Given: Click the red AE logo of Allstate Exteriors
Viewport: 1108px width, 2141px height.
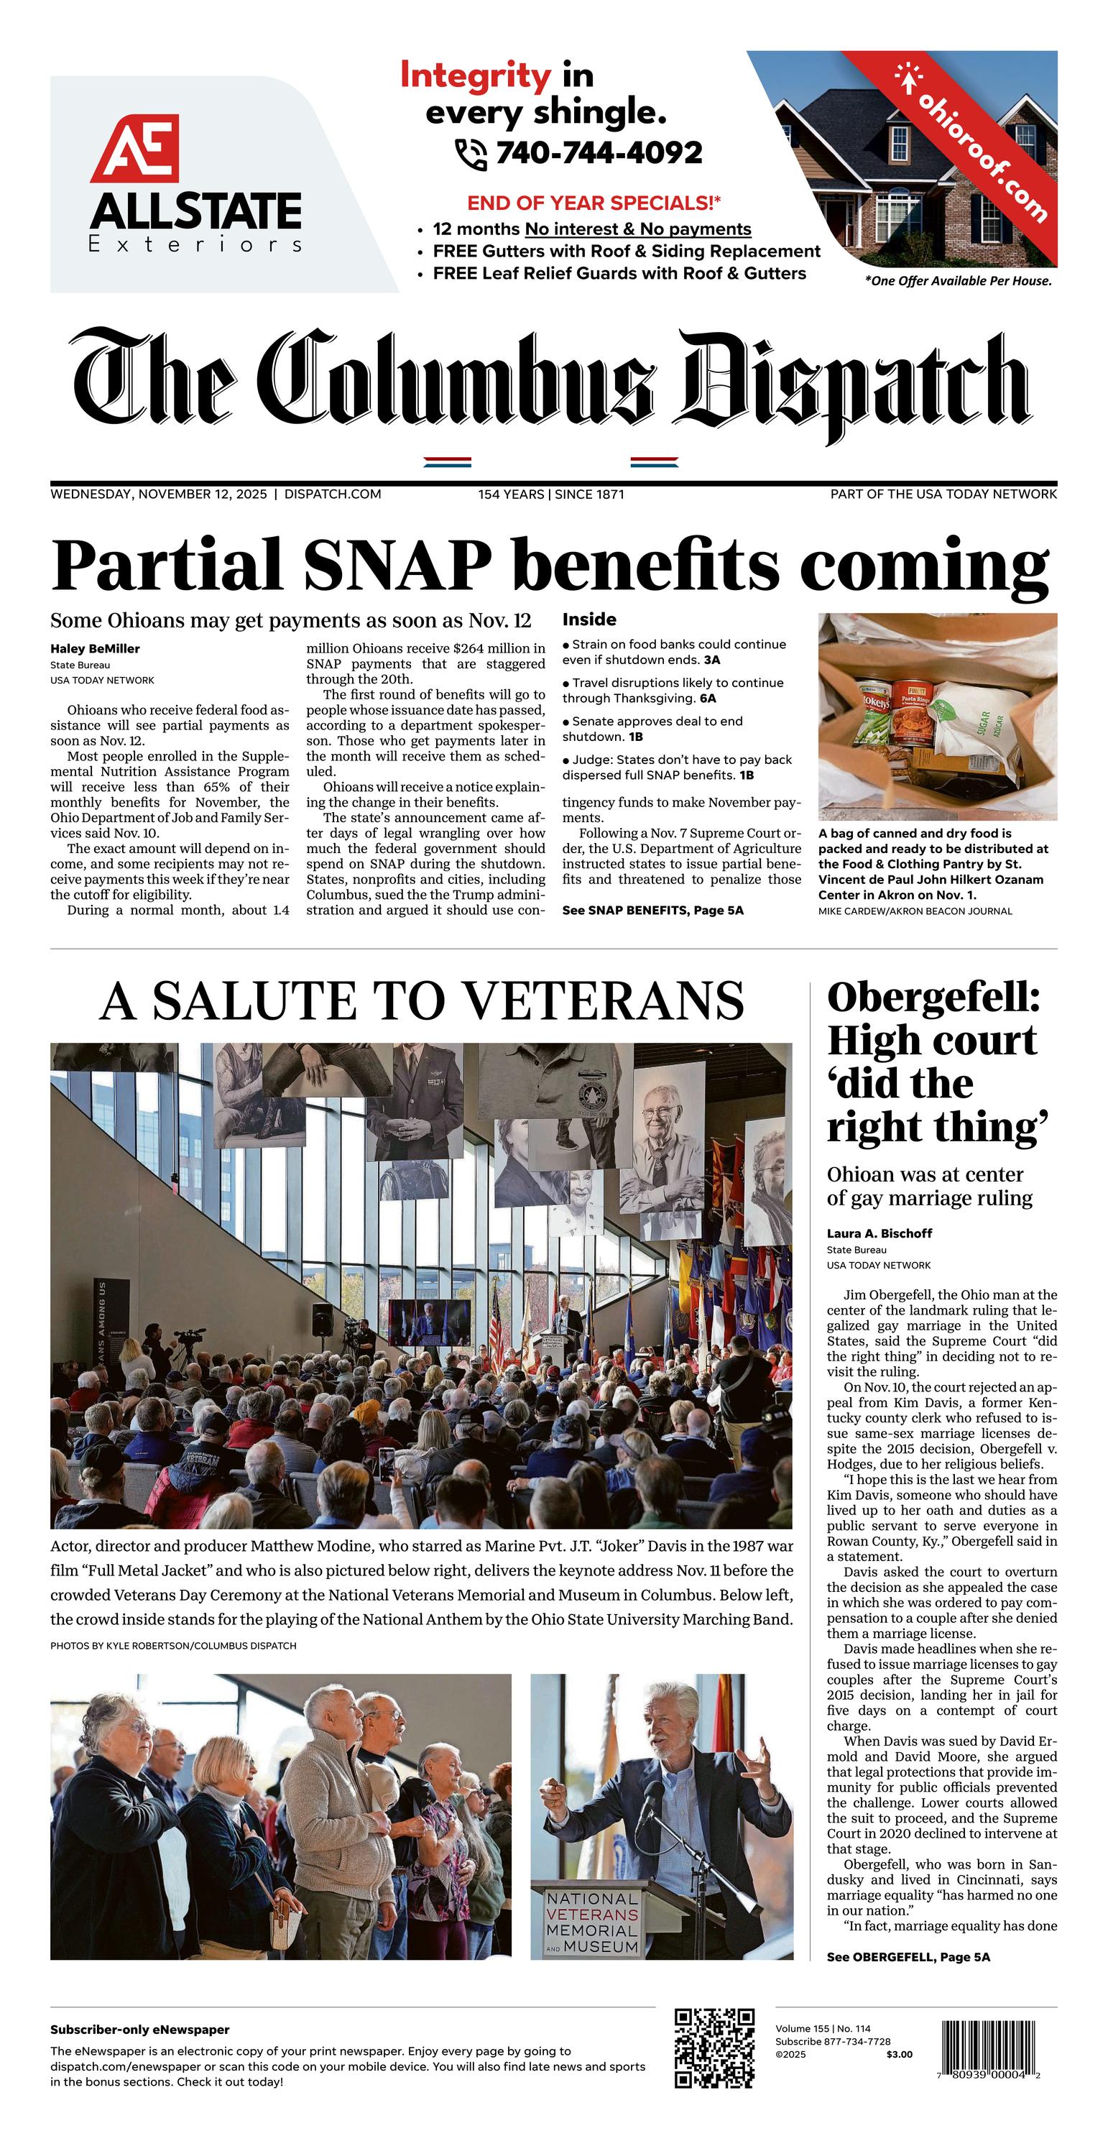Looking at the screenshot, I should click(134, 149).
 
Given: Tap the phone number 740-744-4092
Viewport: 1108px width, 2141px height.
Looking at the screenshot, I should click(599, 153).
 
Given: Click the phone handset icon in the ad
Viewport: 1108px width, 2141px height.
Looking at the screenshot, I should click(471, 154).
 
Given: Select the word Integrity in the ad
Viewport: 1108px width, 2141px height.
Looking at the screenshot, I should click(475, 76).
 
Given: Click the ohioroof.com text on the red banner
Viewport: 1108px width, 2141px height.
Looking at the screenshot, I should click(982, 149).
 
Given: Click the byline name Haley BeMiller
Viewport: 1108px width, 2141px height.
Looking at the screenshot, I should click(95, 649).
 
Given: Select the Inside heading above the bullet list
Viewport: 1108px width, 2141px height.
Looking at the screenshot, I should click(589, 620).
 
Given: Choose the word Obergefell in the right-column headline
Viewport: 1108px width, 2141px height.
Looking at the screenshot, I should click(933, 998).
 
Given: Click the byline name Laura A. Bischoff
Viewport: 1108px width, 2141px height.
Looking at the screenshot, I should click(880, 1233).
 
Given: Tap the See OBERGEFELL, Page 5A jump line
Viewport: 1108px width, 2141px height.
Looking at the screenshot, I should click(908, 1957).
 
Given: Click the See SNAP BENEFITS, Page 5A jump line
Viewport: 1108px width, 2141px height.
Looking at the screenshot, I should click(652, 910).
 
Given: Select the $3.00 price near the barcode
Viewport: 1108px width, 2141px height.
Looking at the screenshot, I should click(900, 2055).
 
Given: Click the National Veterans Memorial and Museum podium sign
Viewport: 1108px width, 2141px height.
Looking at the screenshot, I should click(593, 1923).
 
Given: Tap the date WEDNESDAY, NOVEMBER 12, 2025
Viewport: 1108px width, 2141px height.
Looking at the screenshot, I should click(159, 494).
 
